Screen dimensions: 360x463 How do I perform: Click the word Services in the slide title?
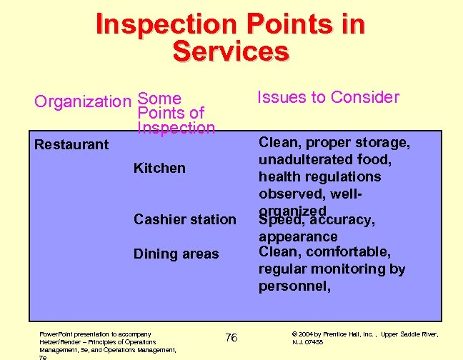[231, 51]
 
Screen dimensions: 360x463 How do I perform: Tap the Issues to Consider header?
[328, 97]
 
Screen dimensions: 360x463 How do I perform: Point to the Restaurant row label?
[71, 144]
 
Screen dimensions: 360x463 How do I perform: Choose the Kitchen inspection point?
[159, 168]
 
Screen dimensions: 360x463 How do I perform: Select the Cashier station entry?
[184, 219]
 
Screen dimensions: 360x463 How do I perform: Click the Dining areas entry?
[176, 254]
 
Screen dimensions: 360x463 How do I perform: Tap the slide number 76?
[231, 337]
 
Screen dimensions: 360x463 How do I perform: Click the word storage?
[382, 143]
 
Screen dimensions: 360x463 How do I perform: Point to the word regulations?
[341, 176]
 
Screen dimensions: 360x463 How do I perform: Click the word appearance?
[298, 236]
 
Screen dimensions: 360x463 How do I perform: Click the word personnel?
[294, 286]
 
